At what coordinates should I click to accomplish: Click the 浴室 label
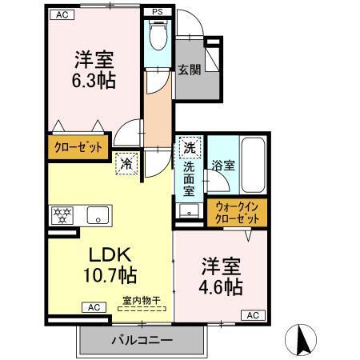[x=223, y=166]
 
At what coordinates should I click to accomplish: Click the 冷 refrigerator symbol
[x=126, y=163]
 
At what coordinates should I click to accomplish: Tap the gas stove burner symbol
[x=61, y=214]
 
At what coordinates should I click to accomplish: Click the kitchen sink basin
[x=98, y=214]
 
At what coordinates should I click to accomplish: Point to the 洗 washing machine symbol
[x=189, y=148]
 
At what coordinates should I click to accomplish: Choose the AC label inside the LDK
[x=93, y=307]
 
